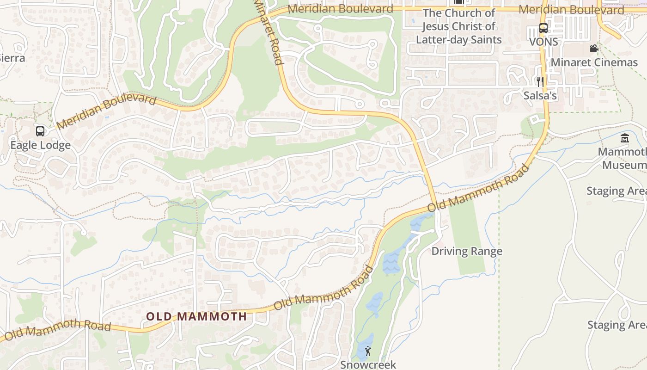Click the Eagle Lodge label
point(41,145)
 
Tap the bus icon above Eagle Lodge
point(40,131)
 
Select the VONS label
point(543,42)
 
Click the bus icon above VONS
point(543,28)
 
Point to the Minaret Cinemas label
point(594,62)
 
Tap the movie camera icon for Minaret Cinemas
point(594,48)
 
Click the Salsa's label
point(540,96)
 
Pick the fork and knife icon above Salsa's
point(539,82)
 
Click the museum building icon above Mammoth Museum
point(625,138)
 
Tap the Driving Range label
point(467,251)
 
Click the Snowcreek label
point(368,364)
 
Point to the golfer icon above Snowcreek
point(368,351)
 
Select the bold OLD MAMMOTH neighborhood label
point(196,317)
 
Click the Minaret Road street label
point(268,31)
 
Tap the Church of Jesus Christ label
point(458,26)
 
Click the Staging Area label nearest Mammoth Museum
point(616,191)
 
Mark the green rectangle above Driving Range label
point(467,231)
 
